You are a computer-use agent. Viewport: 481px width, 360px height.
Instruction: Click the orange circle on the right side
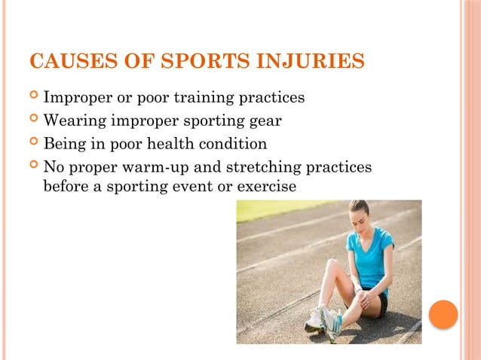click(443, 314)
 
